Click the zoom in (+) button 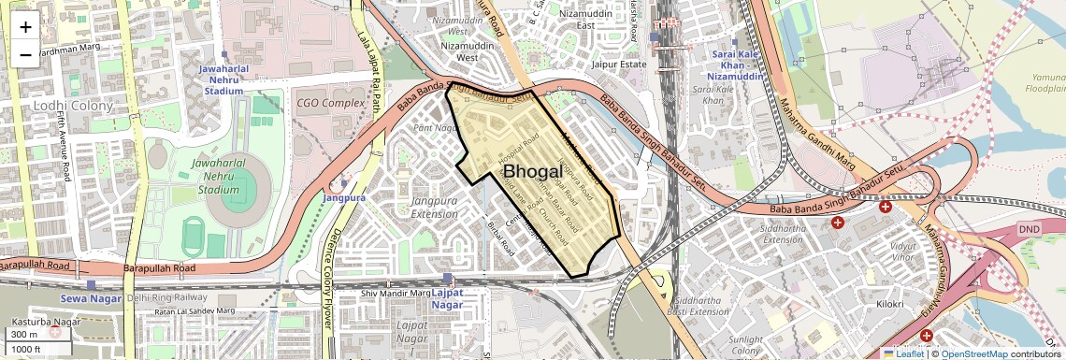click(x=25, y=26)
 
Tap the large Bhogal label click(x=532, y=172)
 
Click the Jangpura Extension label click(x=422, y=207)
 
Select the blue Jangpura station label click(x=343, y=198)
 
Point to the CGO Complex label click(x=330, y=102)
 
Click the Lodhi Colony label click(x=71, y=106)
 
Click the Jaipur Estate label click(x=619, y=65)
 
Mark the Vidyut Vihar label click(x=875, y=249)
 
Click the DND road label click(x=1029, y=229)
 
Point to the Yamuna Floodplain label click(x=1045, y=82)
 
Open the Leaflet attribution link click(x=903, y=353)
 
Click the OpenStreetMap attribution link click(x=973, y=353)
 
